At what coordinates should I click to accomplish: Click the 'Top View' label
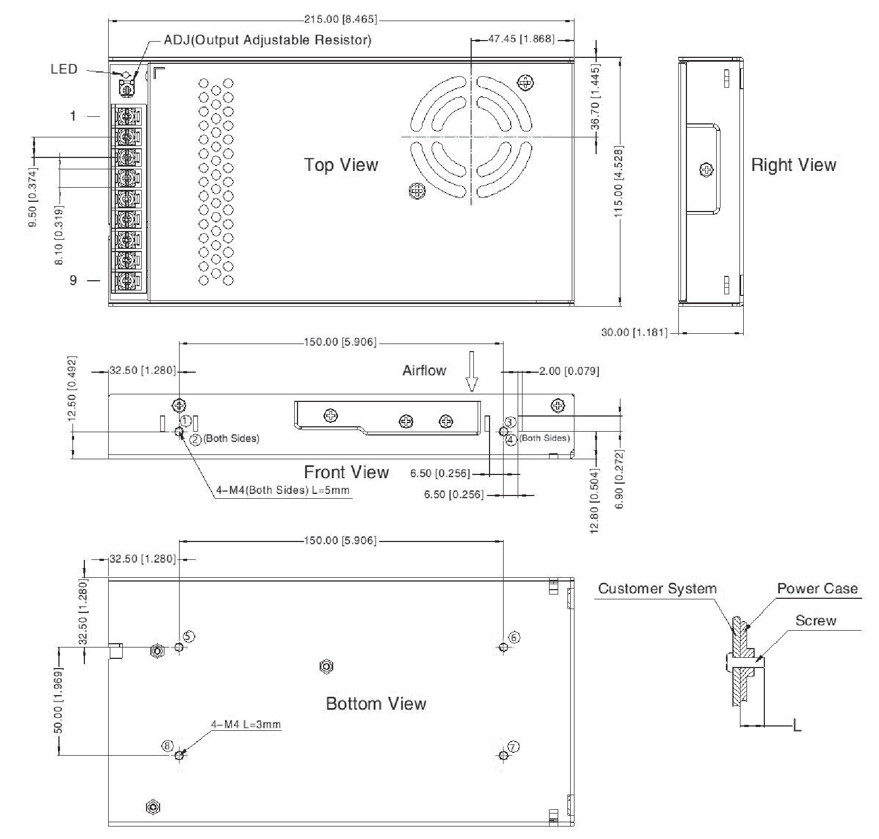341,164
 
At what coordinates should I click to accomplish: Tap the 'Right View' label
794,164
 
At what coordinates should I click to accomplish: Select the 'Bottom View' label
376,703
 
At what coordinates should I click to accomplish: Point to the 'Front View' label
346,472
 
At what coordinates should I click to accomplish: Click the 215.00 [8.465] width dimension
340,19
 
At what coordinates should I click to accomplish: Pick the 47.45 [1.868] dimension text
521,39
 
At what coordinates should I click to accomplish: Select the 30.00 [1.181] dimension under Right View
634,332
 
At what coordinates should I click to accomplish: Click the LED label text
64,69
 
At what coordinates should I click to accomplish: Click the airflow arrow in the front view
472,372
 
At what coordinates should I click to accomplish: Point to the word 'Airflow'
424,371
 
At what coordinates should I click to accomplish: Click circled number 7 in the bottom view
513,747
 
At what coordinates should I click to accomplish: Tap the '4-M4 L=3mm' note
246,724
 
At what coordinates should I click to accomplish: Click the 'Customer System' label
657,589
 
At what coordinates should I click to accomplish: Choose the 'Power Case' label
817,589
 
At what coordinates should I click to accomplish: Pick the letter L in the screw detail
797,725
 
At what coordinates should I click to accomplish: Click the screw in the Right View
706,170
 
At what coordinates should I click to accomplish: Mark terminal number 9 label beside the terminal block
73,280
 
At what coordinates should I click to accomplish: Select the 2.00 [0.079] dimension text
569,371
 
